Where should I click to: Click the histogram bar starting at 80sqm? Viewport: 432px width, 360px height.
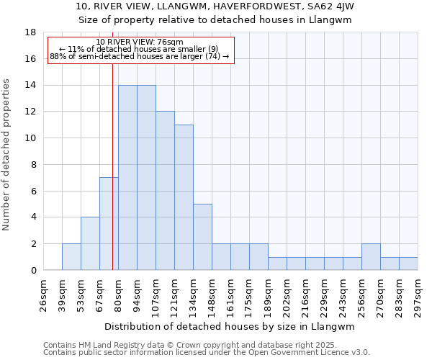[x=127, y=178]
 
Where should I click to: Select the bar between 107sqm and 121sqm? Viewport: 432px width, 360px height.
[x=165, y=191]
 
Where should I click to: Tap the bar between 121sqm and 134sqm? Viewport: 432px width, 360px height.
[x=184, y=197]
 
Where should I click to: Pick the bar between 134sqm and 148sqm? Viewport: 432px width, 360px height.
[x=202, y=237]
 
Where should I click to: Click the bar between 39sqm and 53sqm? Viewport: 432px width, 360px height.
[x=71, y=257]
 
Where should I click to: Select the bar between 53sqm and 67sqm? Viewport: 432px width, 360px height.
[x=90, y=243]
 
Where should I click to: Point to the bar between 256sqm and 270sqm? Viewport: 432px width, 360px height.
[x=371, y=257]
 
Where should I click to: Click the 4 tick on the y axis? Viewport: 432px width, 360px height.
[x=32, y=217]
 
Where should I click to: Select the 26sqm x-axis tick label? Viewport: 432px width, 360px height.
[x=44, y=294]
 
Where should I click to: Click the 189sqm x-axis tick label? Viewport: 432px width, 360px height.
[x=269, y=294]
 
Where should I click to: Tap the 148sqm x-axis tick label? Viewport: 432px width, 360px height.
[x=212, y=294]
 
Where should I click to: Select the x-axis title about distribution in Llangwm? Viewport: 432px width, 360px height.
[x=230, y=326]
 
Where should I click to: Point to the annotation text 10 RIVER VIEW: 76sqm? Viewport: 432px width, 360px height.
[x=140, y=42]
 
